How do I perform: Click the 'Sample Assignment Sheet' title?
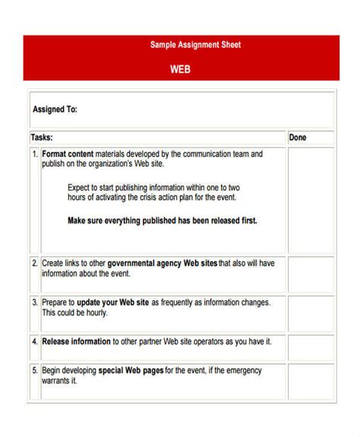(x=195, y=45)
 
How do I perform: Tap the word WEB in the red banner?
(x=180, y=68)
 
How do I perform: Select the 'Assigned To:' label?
(x=55, y=109)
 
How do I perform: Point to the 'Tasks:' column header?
(x=42, y=137)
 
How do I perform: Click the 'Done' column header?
(x=298, y=137)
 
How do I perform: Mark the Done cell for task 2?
(x=310, y=273)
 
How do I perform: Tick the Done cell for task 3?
(x=310, y=311)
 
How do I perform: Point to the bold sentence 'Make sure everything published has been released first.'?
(x=163, y=221)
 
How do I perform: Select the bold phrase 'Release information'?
(x=76, y=341)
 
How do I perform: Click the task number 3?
(x=35, y=302)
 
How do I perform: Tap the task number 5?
(x=35, y=370)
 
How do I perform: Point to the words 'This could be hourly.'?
(x=74, y=312)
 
